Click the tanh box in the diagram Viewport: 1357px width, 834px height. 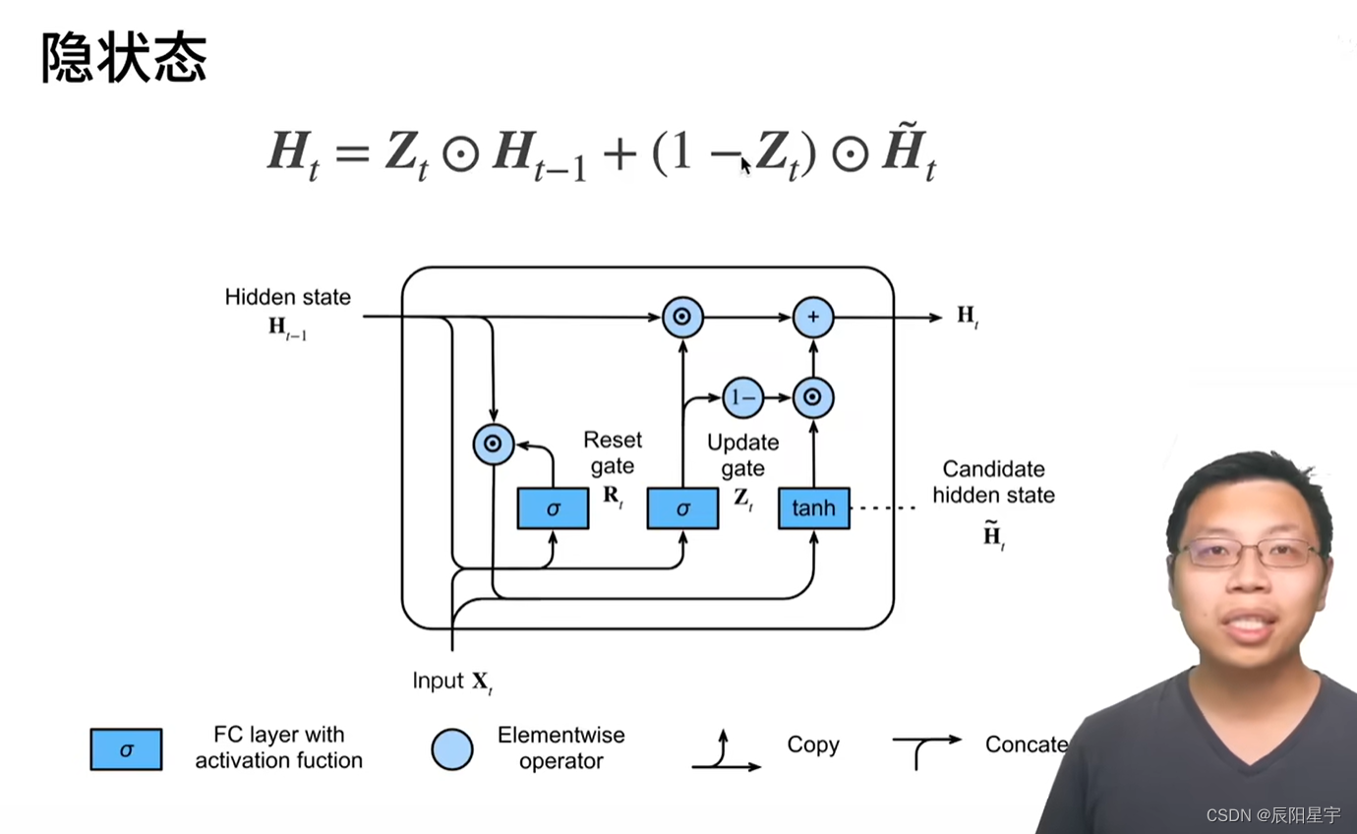pyautogui.click(x=813, y=507)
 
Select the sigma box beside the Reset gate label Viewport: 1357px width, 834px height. pyautogui.click(x=553, y=507)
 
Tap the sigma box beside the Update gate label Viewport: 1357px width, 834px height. pyautogui.click(x=682, y=507)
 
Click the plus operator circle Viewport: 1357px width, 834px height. pyautogui.click(x=813, y=317)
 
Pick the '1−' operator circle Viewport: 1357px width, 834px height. pyautogui.click(x=742, y=397)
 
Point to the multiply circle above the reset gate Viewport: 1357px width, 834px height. pyautogui.click(x=494, y=444)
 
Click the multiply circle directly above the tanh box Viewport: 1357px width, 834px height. pyautogui.click(x=813, y=397)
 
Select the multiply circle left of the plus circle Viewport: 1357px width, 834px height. pyautogui.click(x=682, y=317)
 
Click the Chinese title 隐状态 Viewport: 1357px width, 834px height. pyautogui.click(x=124, y=59)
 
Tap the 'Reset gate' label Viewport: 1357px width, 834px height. pyautogui.click(x=612, y=452)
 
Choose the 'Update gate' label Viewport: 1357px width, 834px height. pyautogui.click(x=742, y=455)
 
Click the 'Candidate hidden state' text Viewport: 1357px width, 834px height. pyautogui.click(x=993, y=482)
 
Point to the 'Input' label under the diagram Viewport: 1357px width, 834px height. pyautogui.click(x=438, y=681)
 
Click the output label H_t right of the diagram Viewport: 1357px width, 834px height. pyautogui.click(x=968, y=317)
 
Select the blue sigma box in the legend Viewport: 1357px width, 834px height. pyautogui.click(x=126, y=749)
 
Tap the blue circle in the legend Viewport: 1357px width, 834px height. pyautogui.click(x=452, y=749)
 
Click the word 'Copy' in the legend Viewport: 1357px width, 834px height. pyautogui.click(x=813, y=745)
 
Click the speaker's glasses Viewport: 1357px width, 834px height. pyautogui.click(x=1251, y=553)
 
